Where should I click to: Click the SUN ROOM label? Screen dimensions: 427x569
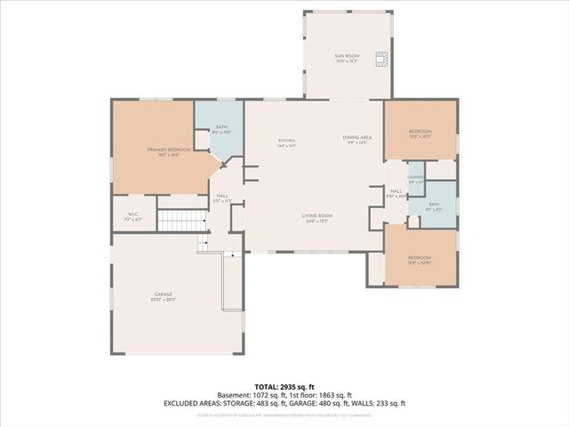pyautogui.click(x=346, y=57)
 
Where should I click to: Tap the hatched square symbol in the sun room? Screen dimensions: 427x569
pyautogui.click(x=381, y=60)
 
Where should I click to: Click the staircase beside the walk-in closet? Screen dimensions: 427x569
pyautogui.click(x=180, y=220)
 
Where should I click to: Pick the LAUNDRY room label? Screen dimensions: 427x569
pyautogui.click(x=415, y=178)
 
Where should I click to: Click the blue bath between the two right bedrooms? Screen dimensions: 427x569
pyautogui.click(x=434, y=205)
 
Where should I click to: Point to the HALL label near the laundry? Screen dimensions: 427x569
pyautogui.click(x=397, y=191)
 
